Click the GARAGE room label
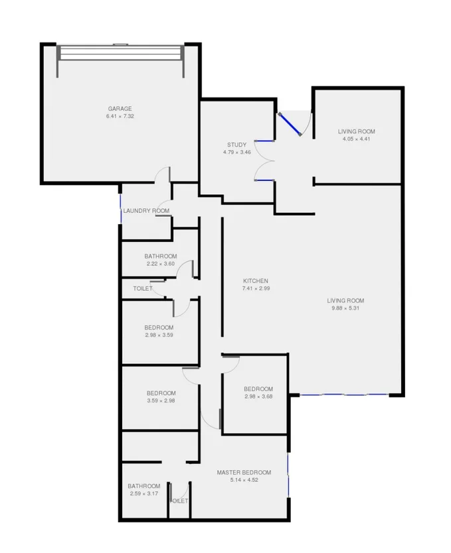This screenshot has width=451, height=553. [x=120, y=109]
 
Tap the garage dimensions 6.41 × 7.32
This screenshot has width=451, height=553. [x=120, y=117]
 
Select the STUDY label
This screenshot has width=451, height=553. [x=236, y=145]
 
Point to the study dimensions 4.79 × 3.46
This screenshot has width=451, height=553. [x=236, y=153]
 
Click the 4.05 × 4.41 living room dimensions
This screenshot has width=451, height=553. [x=356, y=139]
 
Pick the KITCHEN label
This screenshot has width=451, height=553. [x=256, y=280]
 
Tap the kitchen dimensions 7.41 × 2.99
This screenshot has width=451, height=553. [x=256, y=288]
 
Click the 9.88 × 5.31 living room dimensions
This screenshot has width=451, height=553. [x=347, y=308]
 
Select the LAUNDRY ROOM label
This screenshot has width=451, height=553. [x=146, y=211]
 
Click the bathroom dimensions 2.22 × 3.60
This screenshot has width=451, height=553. [x=161, y=264]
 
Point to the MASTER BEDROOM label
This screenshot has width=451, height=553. [x=244, y=472]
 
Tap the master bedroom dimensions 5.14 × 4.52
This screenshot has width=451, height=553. [x=244, y=480]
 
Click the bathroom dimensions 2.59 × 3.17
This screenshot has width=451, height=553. [x=144, y=493]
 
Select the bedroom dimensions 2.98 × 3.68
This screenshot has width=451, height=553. [x=258, y=397]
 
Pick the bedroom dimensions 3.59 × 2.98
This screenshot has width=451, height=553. [x=161, y=400]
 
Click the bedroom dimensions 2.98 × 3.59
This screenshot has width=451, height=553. [x=159, y=336]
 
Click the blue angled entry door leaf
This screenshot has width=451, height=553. [x=290, y=124]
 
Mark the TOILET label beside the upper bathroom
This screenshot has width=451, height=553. [x=143, y=288]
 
